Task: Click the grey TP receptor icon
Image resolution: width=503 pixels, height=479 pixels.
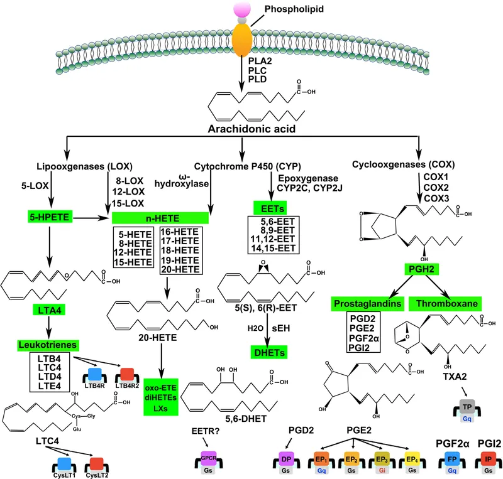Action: click(x=467, y=407)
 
